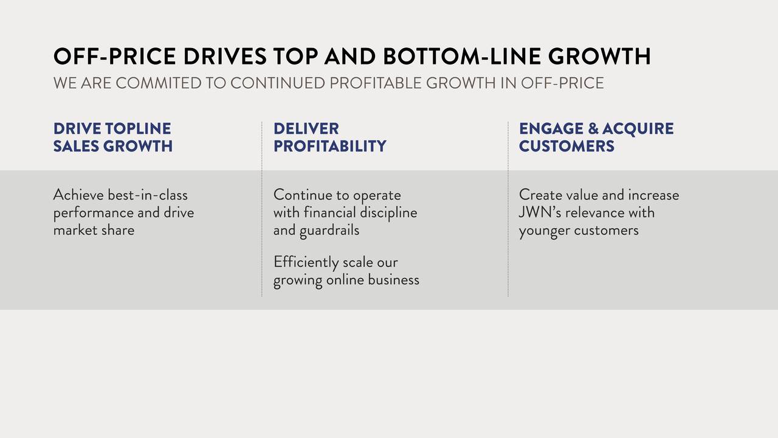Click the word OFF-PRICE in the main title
[115, 57]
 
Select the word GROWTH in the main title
[599, 57]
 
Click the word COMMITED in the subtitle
[159, 83]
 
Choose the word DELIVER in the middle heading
[306, 128]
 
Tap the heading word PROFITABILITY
[329, 146]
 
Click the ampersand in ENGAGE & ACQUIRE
[593, 128]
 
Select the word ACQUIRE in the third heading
[638, 129]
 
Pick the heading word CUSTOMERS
[566, 146]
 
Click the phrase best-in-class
[148, 195]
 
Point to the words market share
[94, 230]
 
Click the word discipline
[388, 213]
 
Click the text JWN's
[540, 212]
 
